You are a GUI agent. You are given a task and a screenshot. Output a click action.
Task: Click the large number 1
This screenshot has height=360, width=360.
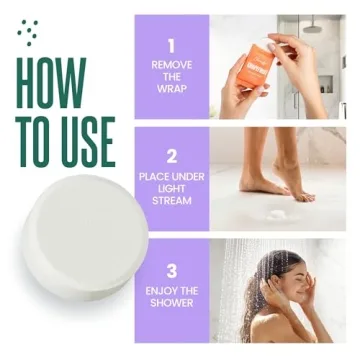pyautogui.click(x=171, y=44)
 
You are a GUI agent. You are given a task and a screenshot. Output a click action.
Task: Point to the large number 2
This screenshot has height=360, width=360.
pyautogui.click(x=171, y=155)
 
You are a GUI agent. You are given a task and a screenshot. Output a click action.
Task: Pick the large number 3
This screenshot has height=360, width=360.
pyautogui.click(x=171, y=270)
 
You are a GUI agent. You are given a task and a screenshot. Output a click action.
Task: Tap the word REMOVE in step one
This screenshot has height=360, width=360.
pyautogui.click(x=171, y=65)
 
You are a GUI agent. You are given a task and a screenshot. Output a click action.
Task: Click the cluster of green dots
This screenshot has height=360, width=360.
pyautogui.click(x=28, y=32)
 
